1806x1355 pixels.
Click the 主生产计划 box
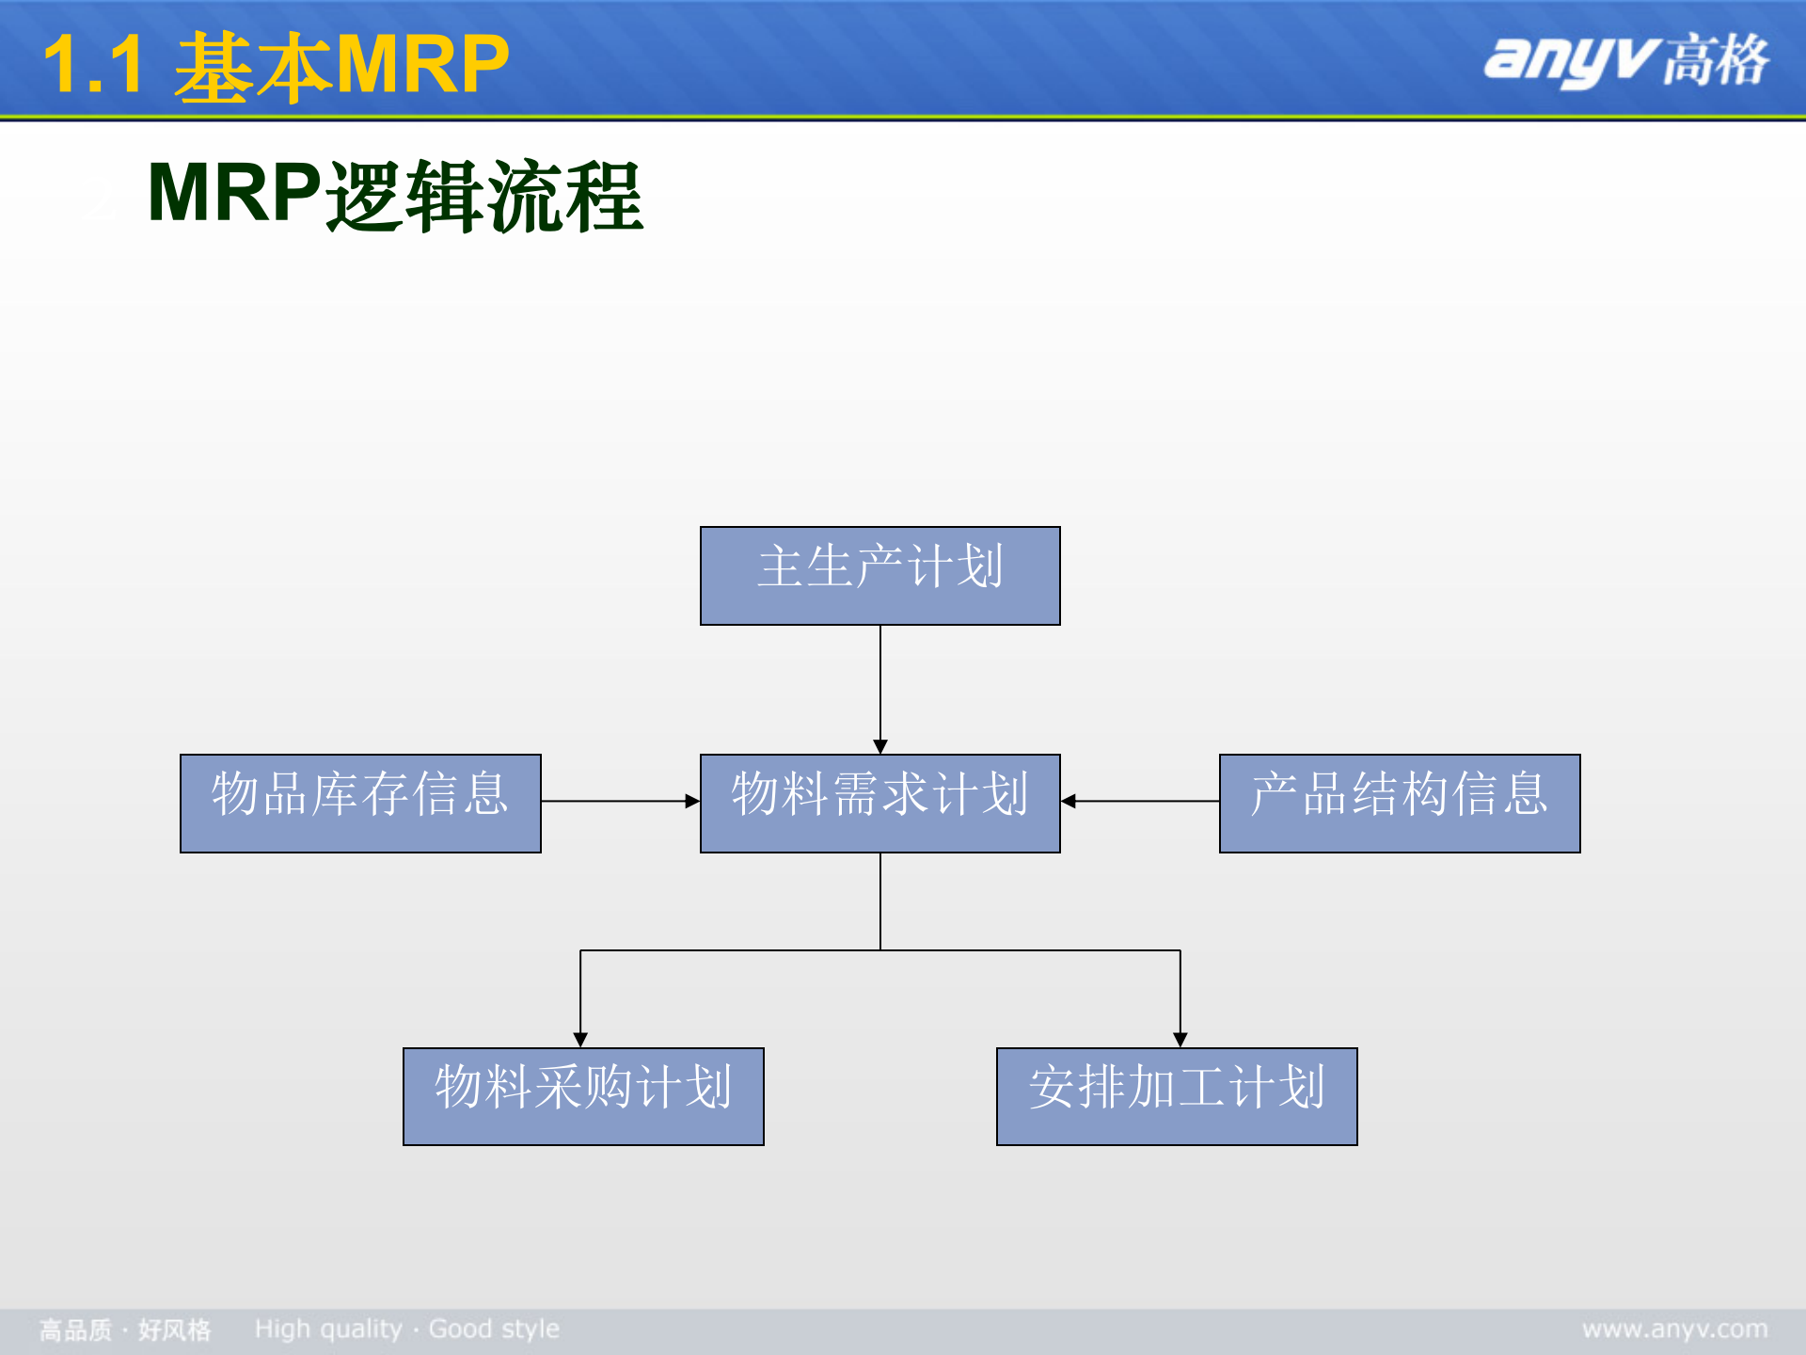[x=879, y=575]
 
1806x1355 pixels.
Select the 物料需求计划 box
[x=879, y=803]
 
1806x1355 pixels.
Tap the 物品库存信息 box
[x=360, y=803]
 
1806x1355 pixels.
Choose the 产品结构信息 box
[x=1400, y=803]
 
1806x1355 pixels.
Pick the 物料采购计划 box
[x=583, y=1096]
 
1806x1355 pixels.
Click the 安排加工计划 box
[x=1177, y=1096]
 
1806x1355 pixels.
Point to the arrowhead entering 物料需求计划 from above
[x=880, y=746]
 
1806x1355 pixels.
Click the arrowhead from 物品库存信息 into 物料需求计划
[x=692, y=802]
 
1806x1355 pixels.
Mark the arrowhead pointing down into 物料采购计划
[x=580, y=1040]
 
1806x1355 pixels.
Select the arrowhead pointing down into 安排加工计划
[x=1180, y=1040]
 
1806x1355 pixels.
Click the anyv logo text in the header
[x=1566, y=60]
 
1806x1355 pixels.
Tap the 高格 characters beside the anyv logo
[x=1716, y=60]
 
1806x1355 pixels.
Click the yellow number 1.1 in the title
[x=93, y=66]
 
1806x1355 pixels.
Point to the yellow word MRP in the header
[x=422, y=66]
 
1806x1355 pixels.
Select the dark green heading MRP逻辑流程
[x=395, y=195]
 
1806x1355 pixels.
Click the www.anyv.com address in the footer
[x=1674, y=1330]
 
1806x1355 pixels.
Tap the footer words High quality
[x=328, y=1330]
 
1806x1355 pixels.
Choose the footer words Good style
[x=494, y=1330]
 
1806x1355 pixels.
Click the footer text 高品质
[x=75, y=1331]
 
